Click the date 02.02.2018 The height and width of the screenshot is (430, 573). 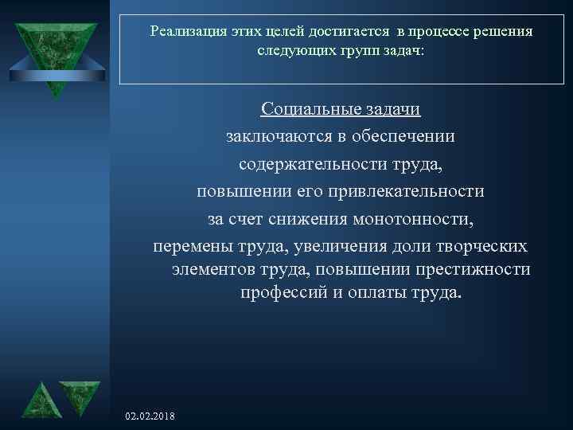[x=151, y=416]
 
